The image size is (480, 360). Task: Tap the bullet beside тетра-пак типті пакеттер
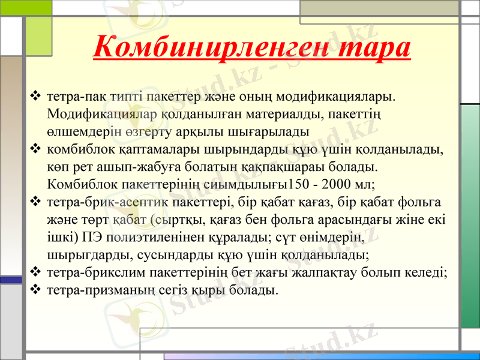35,95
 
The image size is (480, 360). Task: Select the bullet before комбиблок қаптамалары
35,148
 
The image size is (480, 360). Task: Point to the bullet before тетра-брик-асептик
35,201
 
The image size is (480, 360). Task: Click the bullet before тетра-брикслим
35,272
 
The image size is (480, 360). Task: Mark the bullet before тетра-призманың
35,290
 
